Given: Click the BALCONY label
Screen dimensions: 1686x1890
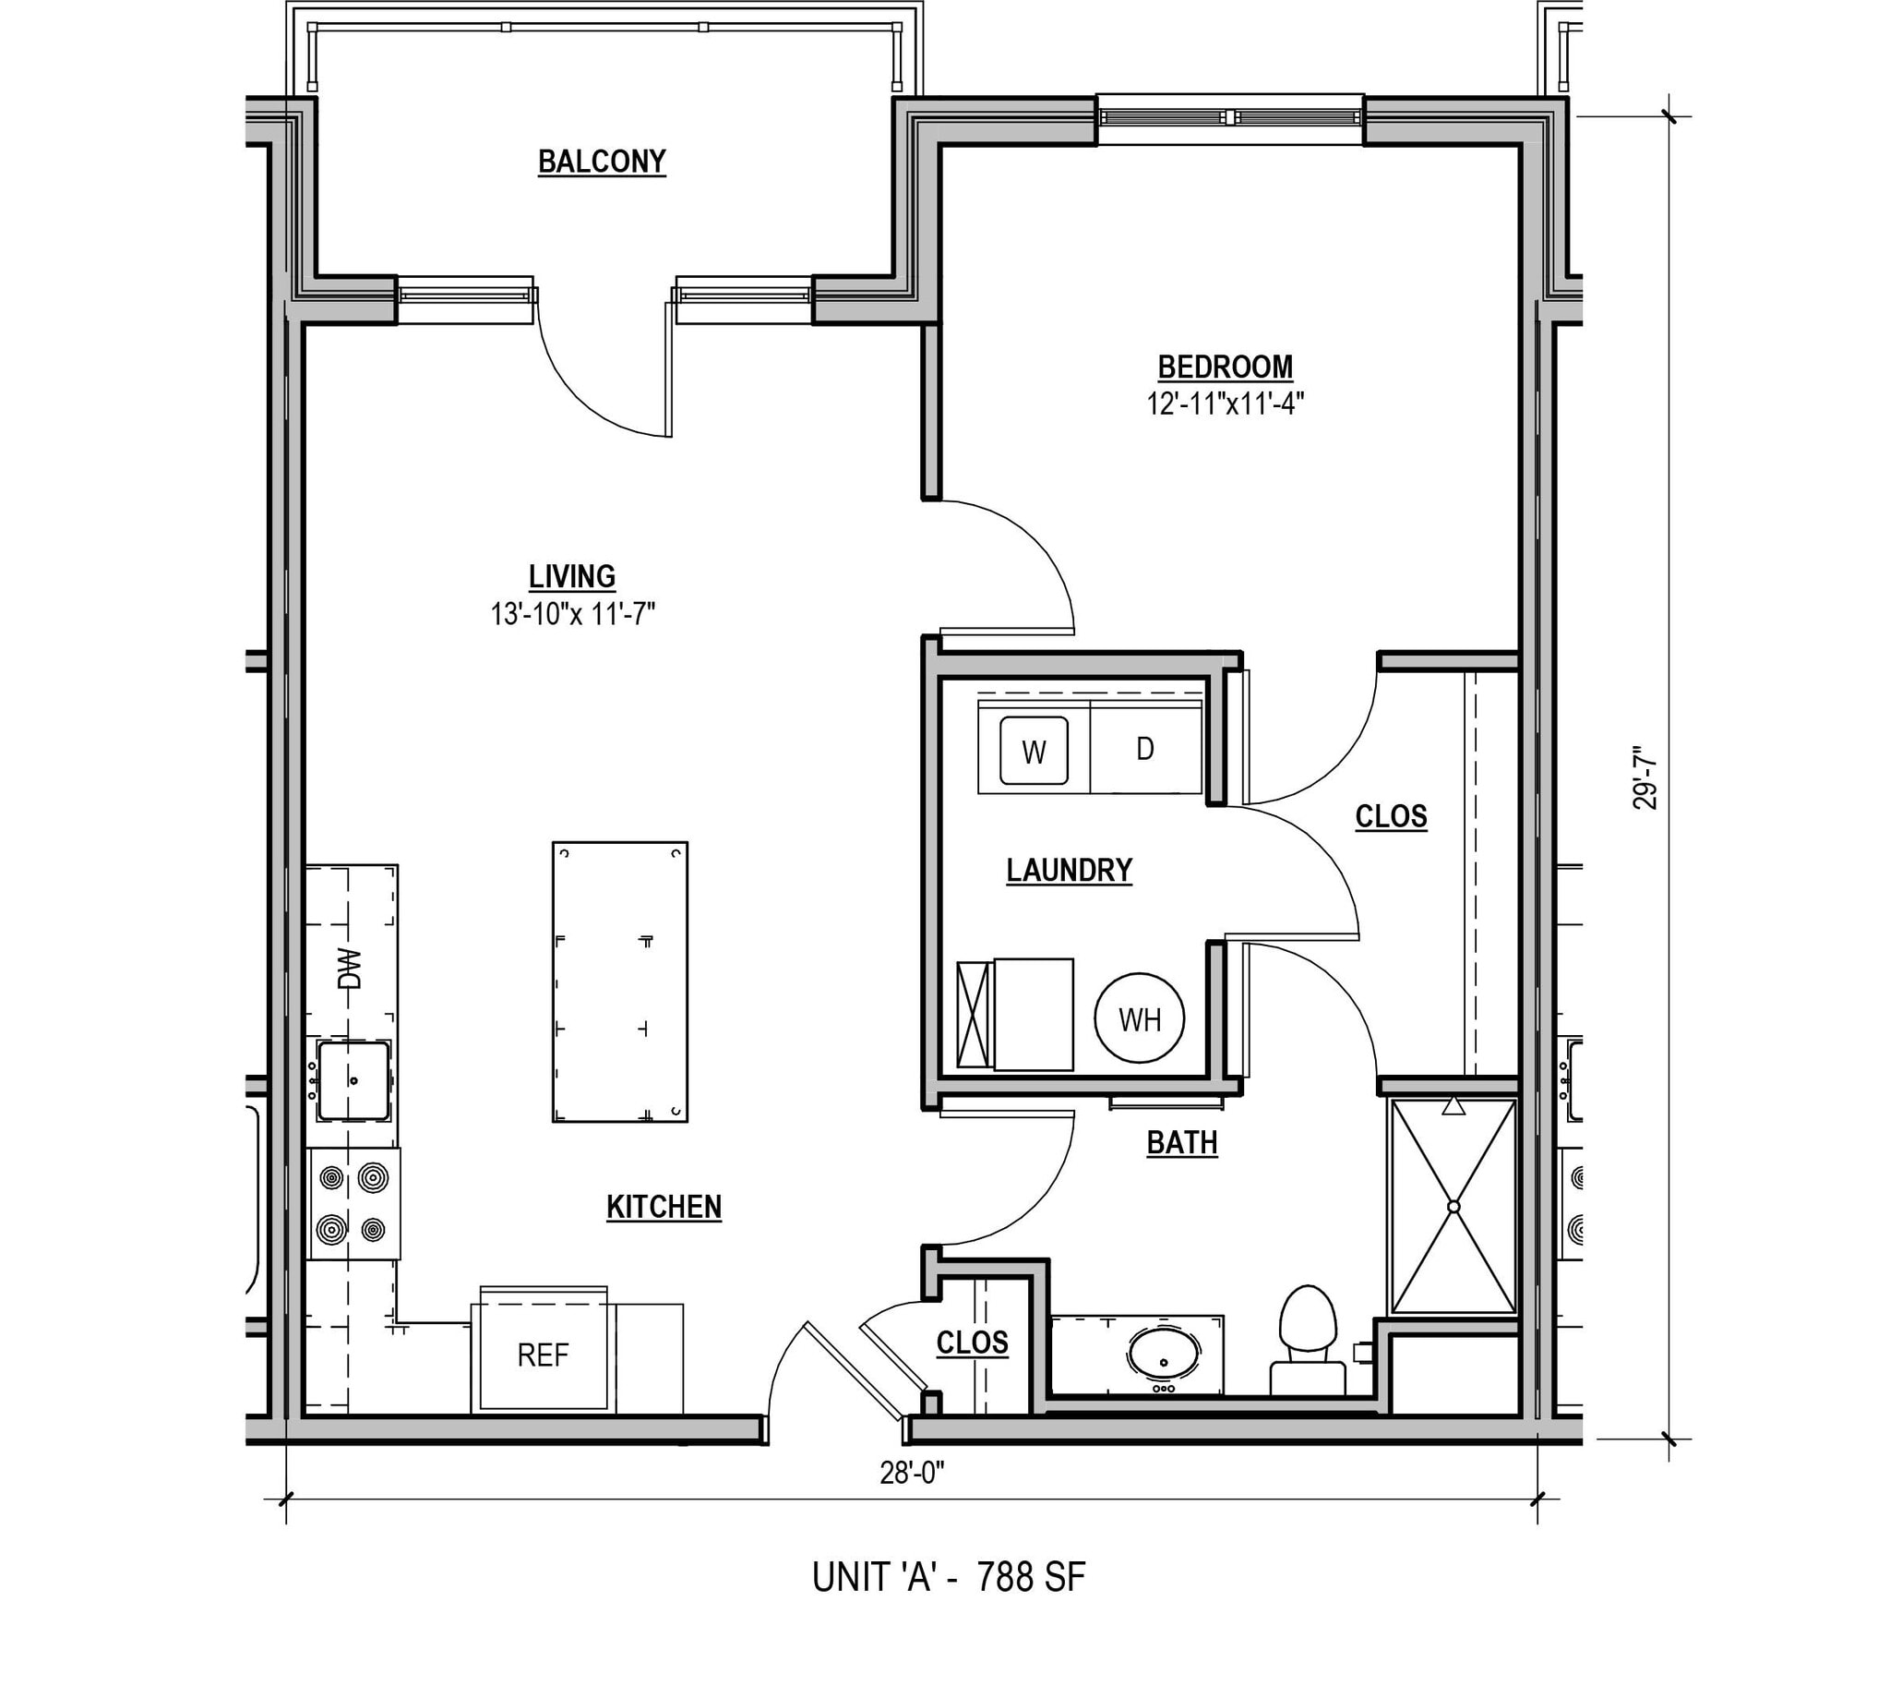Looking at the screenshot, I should [x=602, y=163].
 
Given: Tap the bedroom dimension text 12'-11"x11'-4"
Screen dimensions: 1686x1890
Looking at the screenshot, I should [x=1226, y=403].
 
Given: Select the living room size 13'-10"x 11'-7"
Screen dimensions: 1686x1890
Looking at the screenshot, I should [x=572, y=613].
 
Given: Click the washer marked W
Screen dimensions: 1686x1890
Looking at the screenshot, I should [x=1034, y=752].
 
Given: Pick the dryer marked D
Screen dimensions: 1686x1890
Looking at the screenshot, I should [x=1145, y=749].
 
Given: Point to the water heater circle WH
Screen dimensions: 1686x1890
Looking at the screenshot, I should [x=1139, y=1020].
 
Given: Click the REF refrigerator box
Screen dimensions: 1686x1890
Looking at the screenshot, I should [x=543, y=1355].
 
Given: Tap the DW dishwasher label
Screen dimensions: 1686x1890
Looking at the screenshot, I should [x=349, y=969].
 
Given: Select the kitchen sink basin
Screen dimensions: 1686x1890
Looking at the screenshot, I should [x=353, y=1080].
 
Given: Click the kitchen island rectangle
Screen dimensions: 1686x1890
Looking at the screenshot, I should [x=619, y=981].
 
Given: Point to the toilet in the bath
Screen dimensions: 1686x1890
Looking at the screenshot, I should [x=1308, y=1334].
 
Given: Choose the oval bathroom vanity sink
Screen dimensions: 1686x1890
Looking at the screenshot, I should [x=1164, y=1355].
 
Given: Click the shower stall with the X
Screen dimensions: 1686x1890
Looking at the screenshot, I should [x=1453, y=1206].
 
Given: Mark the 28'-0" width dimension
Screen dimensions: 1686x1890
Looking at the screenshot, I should [x=912, y=1473].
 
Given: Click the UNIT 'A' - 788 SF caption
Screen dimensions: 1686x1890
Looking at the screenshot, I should [x=949, y=1577].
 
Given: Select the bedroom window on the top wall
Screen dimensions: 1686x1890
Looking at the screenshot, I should [x=1229, y=117].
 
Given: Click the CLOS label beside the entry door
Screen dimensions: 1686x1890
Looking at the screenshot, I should [x=972, y=1343].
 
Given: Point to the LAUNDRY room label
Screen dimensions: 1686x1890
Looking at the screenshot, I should [x=1069, y=870].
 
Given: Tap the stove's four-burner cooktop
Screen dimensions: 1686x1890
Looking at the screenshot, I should [x=353, y=1203].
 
